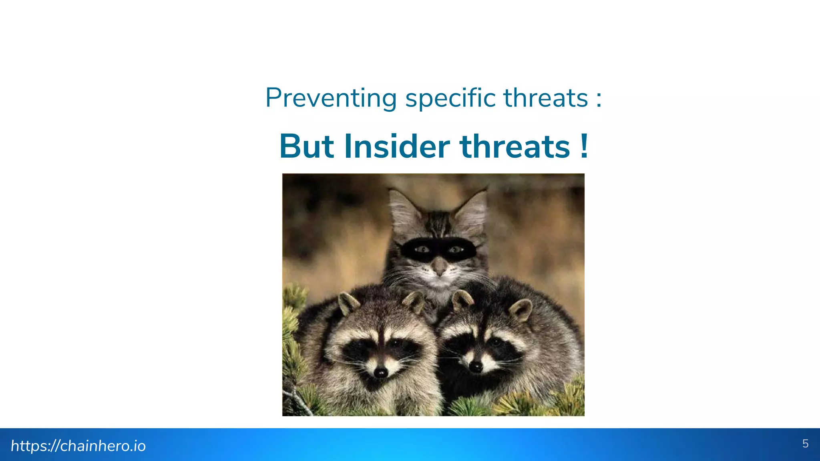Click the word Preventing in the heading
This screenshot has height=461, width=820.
331,98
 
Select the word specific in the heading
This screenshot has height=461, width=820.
450,98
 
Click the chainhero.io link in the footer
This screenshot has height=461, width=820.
78,446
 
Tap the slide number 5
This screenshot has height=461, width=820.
805,444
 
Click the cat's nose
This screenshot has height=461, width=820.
439,266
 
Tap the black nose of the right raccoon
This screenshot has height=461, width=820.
475,367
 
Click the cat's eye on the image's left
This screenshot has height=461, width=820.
422,250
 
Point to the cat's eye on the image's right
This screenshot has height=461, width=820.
455,250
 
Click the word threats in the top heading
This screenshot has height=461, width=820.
546,98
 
